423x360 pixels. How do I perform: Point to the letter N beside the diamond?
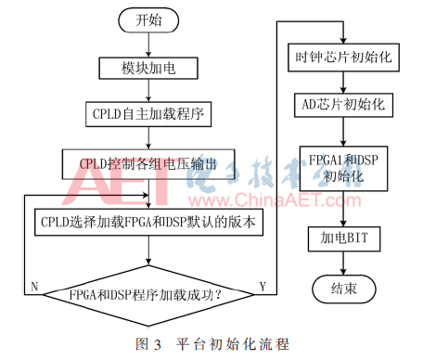[x=34, y=286]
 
